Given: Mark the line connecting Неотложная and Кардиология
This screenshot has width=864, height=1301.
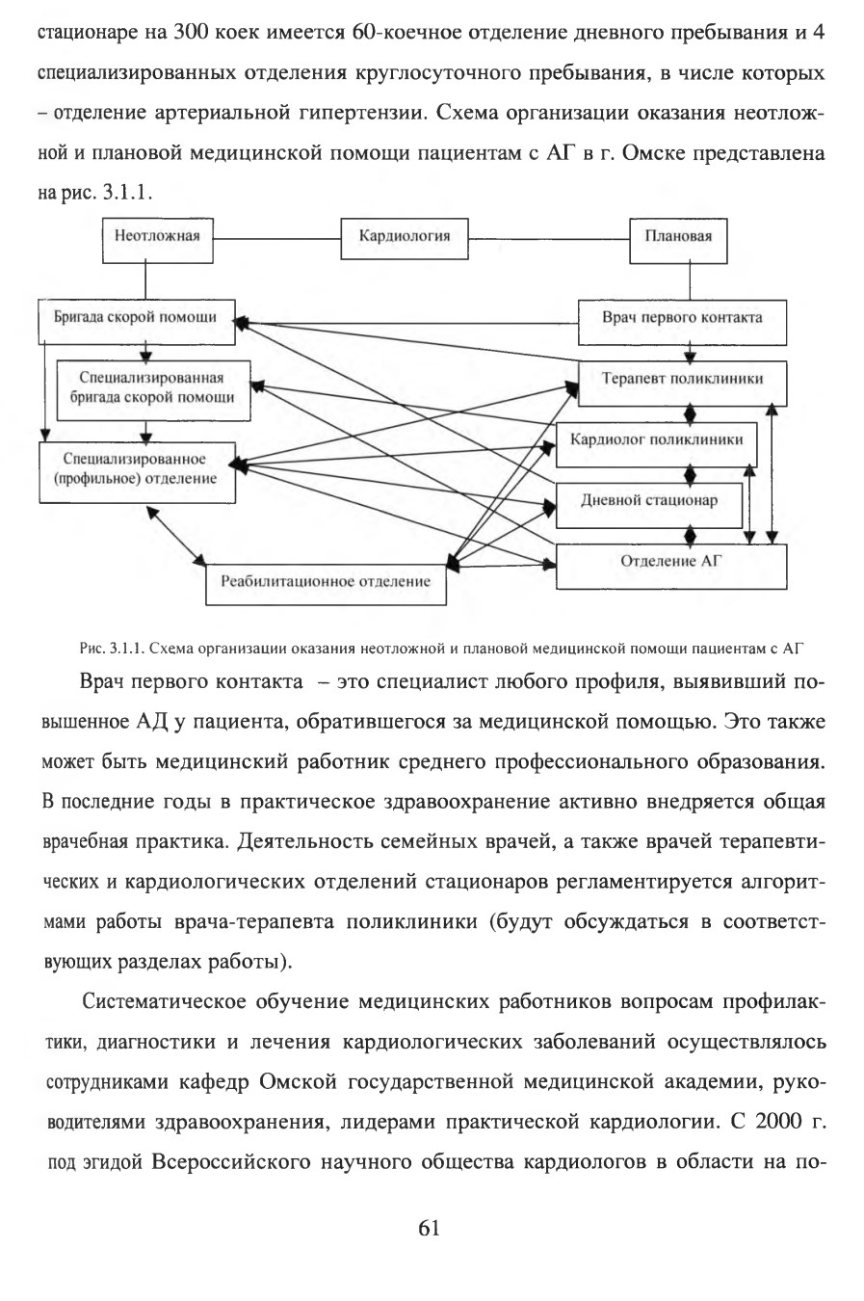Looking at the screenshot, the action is (x=277, y=239).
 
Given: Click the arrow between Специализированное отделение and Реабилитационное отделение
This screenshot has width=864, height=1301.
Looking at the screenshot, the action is (x=176, y=536).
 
